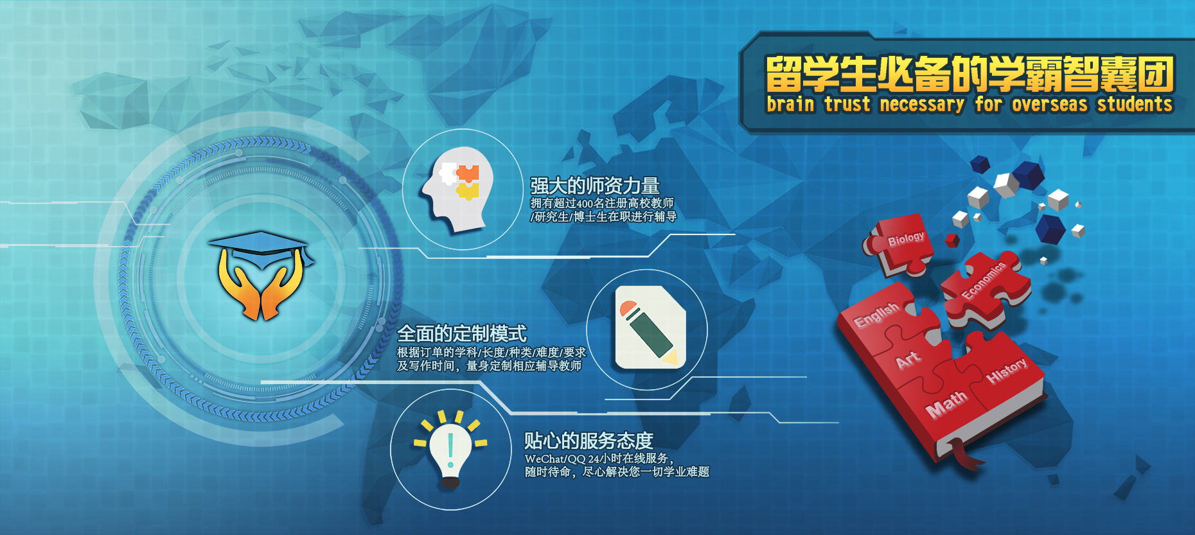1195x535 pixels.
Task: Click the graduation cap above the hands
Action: point(261,249)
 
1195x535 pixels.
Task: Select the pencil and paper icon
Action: point(651,328)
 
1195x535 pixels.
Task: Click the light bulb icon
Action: point(450,450)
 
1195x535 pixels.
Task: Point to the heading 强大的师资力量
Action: point(595,186)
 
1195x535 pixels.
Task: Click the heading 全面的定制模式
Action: point(462,334)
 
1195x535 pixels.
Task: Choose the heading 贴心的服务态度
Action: point(589,441)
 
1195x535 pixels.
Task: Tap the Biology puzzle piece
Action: point(900,244)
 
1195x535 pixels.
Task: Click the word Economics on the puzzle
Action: point(983,280)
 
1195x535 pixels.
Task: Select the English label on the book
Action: point(876,314)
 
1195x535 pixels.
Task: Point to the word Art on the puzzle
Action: point(908,360)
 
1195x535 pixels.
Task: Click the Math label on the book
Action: point(946,404)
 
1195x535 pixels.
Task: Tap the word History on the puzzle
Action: point(1007,371)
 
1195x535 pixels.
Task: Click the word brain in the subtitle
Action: point(790,104)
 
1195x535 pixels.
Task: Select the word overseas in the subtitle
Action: point(1050,104)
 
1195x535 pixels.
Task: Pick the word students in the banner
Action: point(1135,104)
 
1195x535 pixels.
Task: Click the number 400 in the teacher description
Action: point(585,204)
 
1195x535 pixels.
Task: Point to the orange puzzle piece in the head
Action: point(468,173)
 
